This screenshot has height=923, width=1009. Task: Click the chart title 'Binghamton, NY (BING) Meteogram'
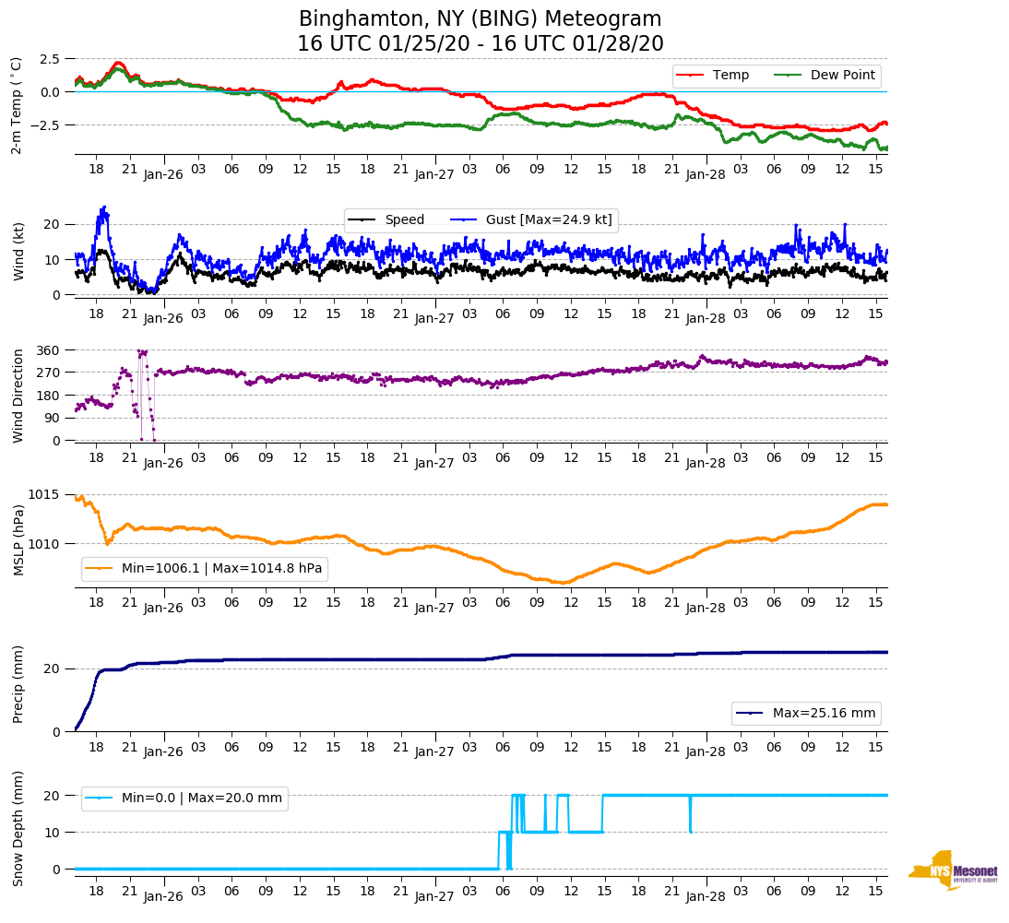(480, 19)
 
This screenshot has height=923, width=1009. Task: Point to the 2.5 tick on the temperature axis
(50, 59)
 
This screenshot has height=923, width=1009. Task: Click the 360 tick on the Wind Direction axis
(48, 350)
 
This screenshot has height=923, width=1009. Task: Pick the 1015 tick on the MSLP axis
(45, 495)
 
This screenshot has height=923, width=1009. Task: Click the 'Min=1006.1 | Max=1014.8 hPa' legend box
(205, 569)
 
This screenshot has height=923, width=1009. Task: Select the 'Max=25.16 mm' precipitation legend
(806, 714)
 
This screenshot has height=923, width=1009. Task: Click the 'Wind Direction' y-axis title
(17, 395)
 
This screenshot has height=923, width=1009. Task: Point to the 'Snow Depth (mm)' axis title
(17, 828)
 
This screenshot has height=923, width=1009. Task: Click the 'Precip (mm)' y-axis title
(17, 684)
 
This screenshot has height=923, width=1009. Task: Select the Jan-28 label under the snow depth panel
(706, 896)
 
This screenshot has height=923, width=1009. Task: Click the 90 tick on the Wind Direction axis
(52, 418)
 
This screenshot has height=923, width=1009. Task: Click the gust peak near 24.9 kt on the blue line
(104, 207)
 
